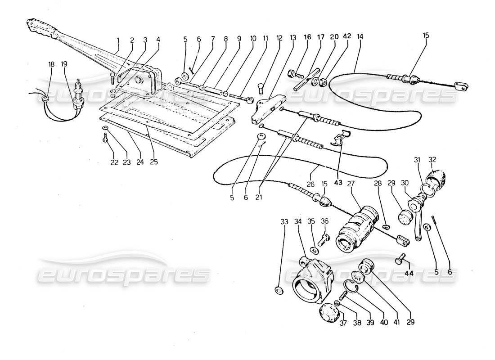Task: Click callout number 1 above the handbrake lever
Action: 118,40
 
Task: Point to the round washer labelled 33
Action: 279,291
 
